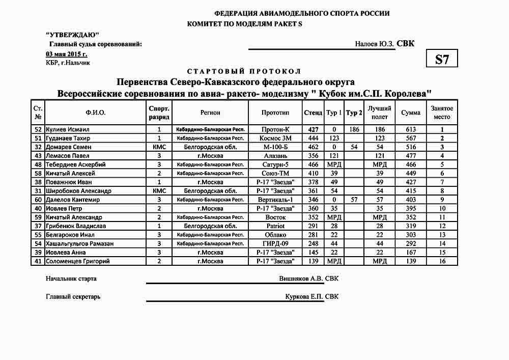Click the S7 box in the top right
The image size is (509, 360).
(442, 59)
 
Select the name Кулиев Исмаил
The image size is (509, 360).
(67, 129)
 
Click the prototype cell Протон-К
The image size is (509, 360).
(275, 129)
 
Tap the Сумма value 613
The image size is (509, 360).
(410, 129)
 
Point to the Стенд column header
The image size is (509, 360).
(313, 113)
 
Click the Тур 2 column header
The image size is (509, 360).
(354, 113)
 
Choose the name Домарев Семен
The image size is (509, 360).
(68, 147)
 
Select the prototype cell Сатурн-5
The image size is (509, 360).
(275, 164)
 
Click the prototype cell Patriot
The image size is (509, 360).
(275, 226)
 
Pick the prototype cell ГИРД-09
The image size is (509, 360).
(275, 243)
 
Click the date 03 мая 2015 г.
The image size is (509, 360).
(66, 54)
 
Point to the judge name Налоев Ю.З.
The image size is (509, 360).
(375, 44)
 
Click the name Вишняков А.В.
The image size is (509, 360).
(301, 279)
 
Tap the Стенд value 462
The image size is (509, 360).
(313, 147)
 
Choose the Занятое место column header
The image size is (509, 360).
(442, 113)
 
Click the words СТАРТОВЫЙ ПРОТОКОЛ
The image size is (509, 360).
(244, 71)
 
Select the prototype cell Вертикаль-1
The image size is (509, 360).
(275, 200)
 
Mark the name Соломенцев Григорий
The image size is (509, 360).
(77, 261)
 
